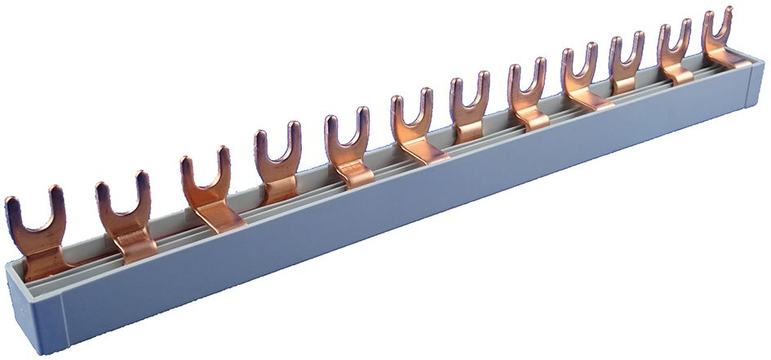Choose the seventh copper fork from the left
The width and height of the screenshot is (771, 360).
pyautogui.click(x=471, y=110)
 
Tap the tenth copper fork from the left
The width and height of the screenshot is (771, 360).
pyautogui.click(x=627, y=65)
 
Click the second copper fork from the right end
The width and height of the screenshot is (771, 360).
pyautogui.click(x=675, y=53)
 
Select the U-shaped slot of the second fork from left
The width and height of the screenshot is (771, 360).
pyautogui.click(x=122, y=200)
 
